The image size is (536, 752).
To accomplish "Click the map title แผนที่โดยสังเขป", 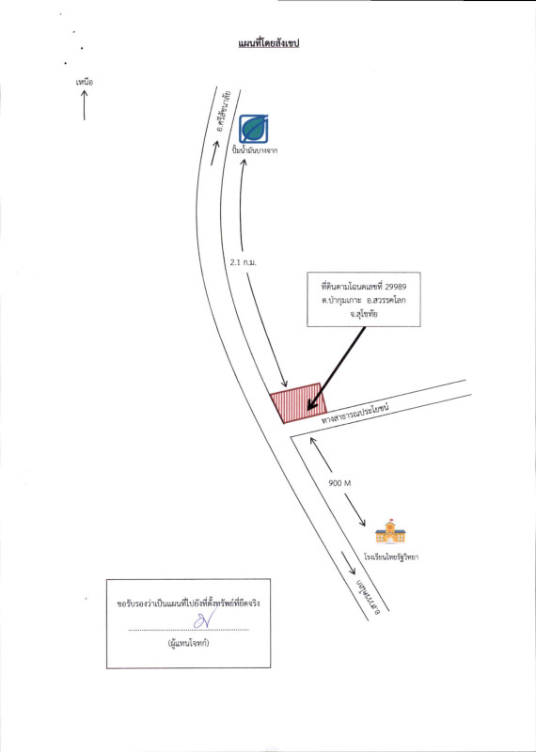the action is click(269, 44).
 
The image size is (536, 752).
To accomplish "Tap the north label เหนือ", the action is click(84, 83).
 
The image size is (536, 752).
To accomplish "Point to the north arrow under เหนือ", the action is click(84, 105).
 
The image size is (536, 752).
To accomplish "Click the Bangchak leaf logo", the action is click(253, 129).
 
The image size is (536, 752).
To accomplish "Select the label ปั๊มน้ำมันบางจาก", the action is click(255, 150).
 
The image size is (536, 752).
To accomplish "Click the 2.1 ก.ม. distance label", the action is click(244, 263).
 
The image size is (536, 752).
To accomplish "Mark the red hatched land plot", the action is click(298, 403).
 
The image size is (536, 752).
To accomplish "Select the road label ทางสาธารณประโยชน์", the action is click(355, 415).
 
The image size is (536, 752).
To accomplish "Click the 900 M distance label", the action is click(339, 483).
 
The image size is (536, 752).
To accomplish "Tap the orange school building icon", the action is click(390, 531).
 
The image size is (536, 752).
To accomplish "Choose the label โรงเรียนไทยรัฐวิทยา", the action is click(387, 557).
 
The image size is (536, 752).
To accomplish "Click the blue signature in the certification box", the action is click(202, 620).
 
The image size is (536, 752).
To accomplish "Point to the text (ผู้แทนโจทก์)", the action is click(188, 644).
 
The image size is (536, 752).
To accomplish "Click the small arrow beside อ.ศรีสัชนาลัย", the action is click(215, 153).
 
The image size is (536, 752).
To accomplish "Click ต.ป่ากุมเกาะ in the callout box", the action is click(342, 299).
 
